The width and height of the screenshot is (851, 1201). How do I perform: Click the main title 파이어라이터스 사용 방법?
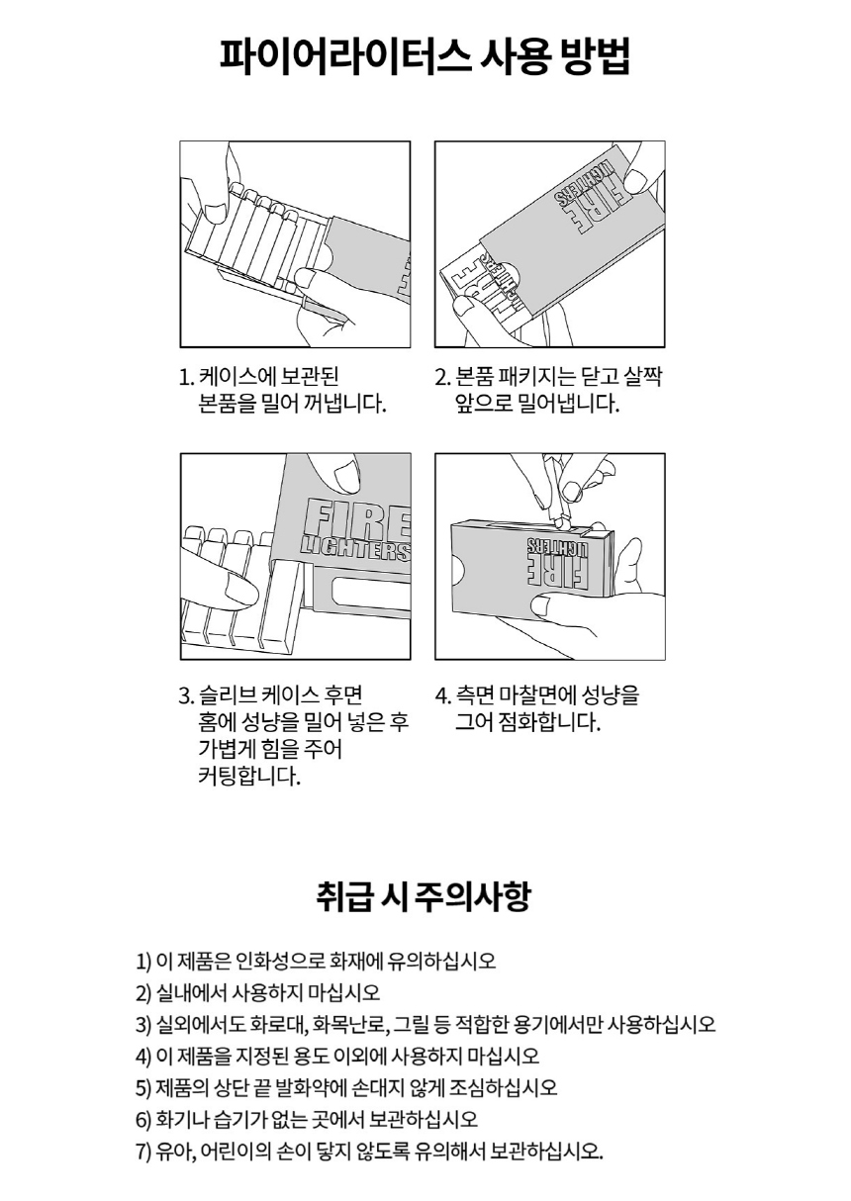point(425,56)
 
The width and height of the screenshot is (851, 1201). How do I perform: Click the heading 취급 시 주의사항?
point(425,896)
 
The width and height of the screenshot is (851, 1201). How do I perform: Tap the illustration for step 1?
point(295,243)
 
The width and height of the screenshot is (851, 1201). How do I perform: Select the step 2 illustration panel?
point(550,243)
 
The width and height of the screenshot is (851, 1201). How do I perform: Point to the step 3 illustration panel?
point(295,556)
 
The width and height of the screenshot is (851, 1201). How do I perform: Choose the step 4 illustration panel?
point(550,556)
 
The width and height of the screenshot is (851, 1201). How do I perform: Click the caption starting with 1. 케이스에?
point(283,391)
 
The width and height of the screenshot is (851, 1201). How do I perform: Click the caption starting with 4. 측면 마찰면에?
point(537,708)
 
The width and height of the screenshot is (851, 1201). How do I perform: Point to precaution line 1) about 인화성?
point(315,961)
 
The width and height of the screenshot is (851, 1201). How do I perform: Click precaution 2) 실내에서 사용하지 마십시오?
point(257,992)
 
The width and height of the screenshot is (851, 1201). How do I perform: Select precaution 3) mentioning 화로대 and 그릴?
point(425,1024)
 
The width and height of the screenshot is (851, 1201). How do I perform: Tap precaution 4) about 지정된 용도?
point(336,1056)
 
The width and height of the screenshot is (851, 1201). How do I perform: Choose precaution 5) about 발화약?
point(345,1088)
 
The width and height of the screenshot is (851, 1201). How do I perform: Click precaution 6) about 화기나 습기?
point(306,1120)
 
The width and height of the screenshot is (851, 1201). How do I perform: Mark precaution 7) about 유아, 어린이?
point(368,1153)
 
